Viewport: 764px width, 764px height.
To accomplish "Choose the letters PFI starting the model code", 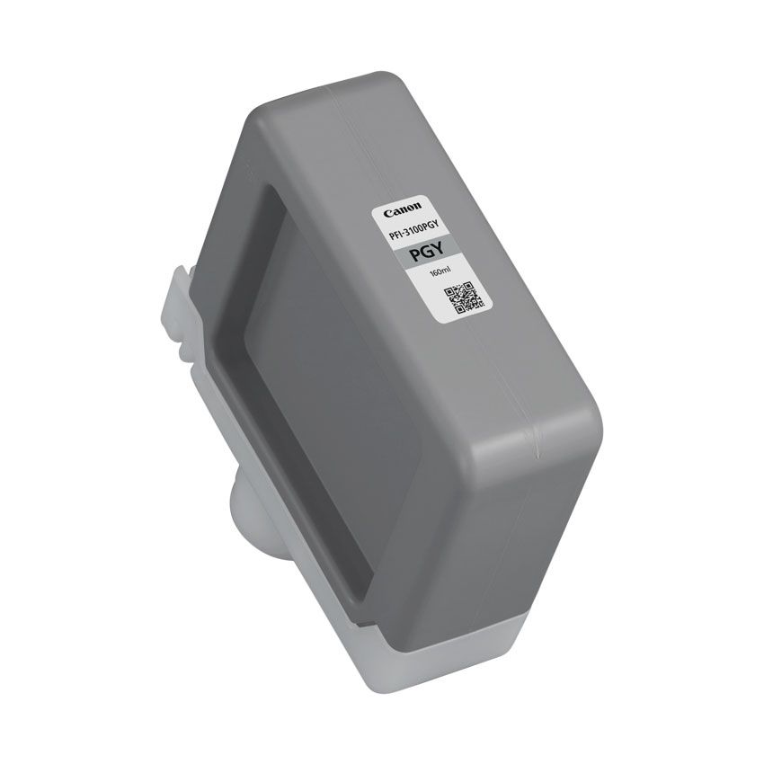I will point(393,229).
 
